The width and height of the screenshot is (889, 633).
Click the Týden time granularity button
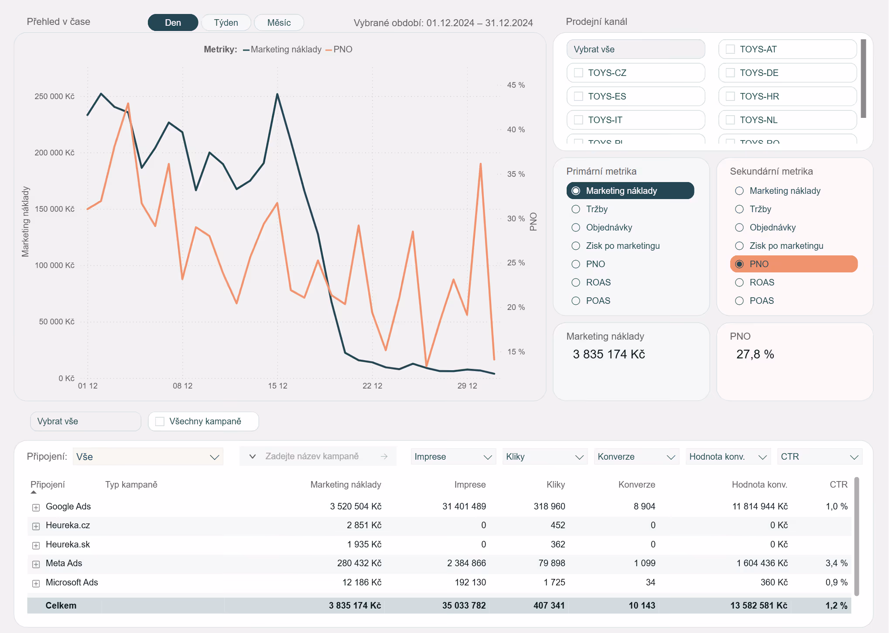(x=226, y=23)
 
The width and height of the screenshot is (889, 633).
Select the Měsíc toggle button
(x=279, y=23)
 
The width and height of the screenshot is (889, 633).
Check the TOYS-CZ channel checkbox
(x=578, y=73)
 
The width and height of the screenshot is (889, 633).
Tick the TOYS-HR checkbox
(x=730, y=96)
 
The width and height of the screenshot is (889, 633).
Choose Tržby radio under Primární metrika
(x=576, y=209)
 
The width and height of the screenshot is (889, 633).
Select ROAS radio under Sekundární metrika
(x=739, y=282)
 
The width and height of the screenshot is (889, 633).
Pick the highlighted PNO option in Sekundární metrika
(x=794, y=264)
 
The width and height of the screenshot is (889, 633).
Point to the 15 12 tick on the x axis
(x=278, y=386)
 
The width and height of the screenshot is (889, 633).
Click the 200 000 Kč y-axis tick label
(x=55, y=153)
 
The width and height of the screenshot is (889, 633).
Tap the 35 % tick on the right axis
(x=516, y=174)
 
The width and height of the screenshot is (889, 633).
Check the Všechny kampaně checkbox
(x=160, y=421)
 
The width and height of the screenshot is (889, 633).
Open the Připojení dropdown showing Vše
(x=148, y=457)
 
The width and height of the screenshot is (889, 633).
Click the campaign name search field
(x=318, y=456)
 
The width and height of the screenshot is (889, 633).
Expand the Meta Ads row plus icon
(x=36, y=564)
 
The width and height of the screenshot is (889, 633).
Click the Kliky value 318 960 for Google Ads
(x=549, y=506)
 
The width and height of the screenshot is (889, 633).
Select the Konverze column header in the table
(x=637, y=485)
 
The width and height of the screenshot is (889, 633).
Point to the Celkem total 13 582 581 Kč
(x=759, y=605)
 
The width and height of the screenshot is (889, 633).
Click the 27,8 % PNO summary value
(x=755, y=354)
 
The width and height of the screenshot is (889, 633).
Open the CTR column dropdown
(x=820, y=457)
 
